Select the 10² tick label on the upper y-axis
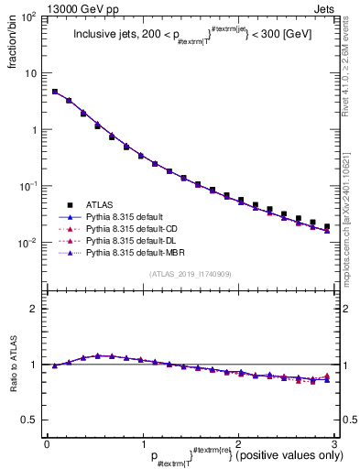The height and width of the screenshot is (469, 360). (x=30, y=17)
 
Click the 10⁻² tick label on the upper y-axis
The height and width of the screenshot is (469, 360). (x=30, y=243)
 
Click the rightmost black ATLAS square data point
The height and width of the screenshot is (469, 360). (x=327, y=226)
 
